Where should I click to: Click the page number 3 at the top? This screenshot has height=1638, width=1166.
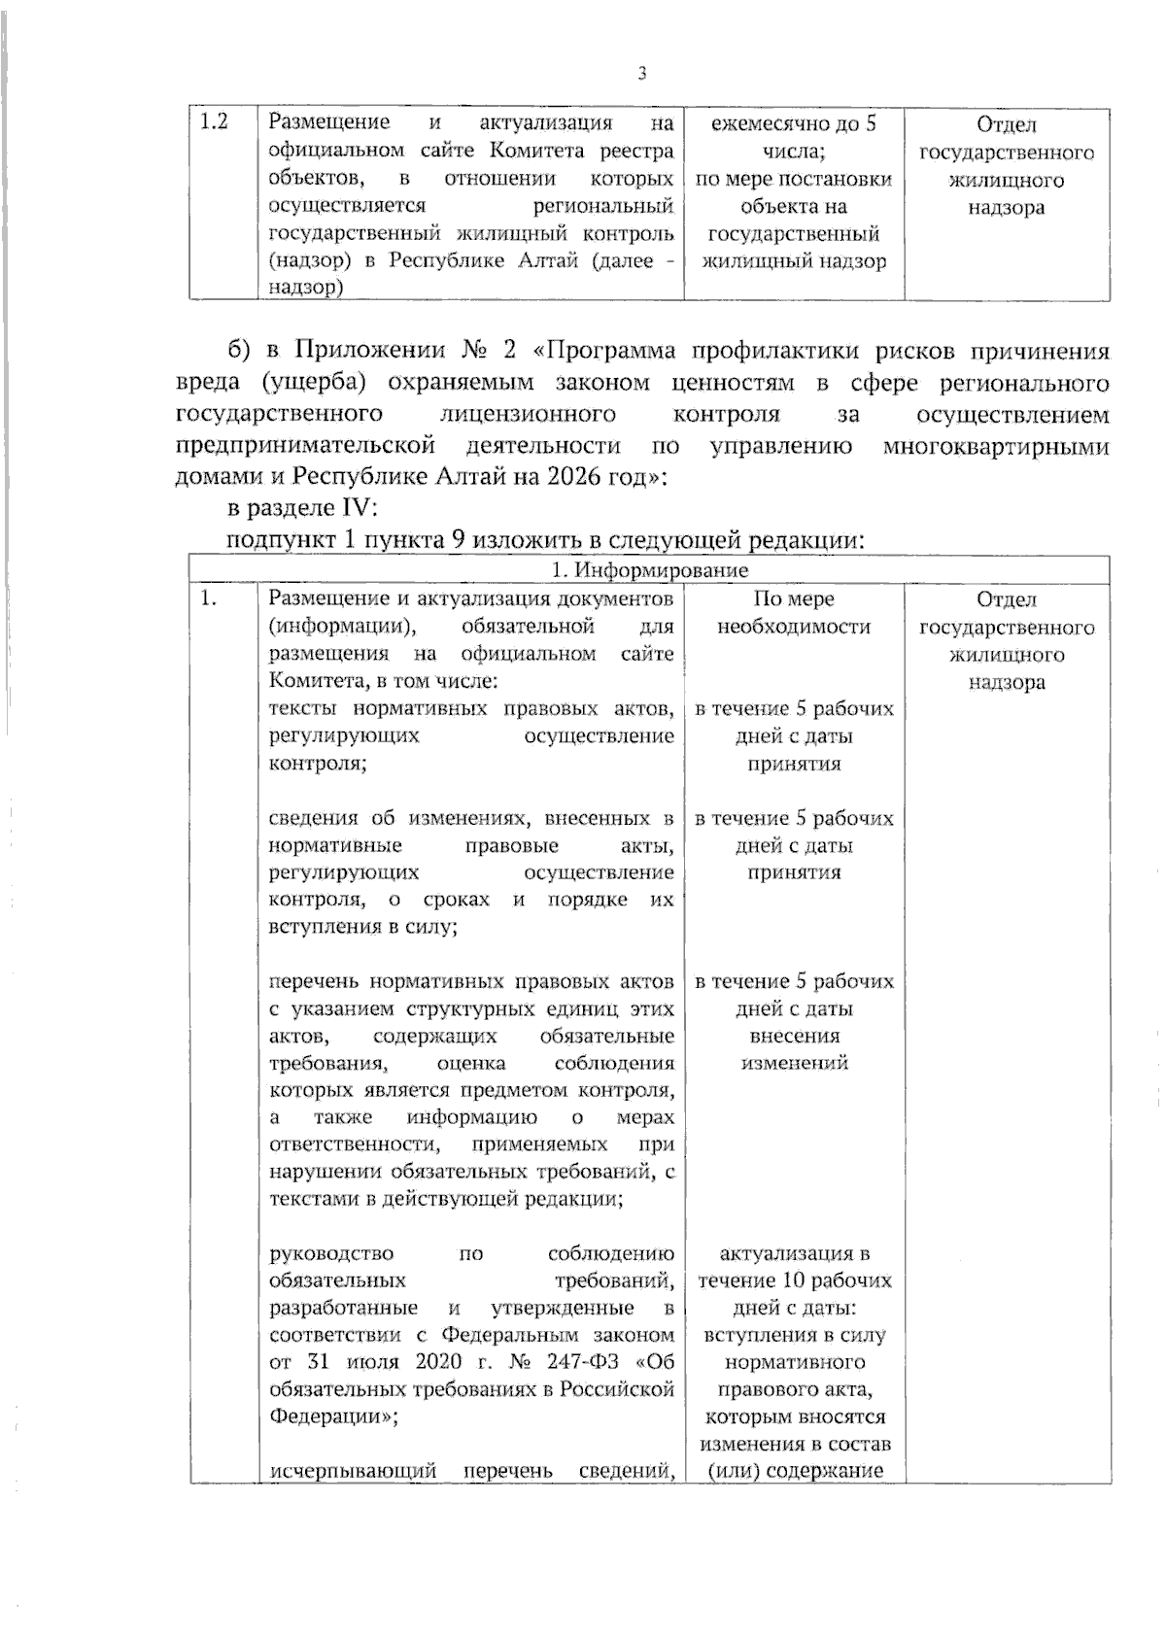coord(641,75)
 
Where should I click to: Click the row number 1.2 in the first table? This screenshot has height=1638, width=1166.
coord(214,122)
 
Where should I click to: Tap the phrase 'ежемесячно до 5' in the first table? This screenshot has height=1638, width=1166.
coord(794,124)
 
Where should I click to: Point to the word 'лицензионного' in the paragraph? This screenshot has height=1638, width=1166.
coord(529,415)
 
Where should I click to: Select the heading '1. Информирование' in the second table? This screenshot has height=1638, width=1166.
coord(650,570)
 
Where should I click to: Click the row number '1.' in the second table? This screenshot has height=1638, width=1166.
coord(209,599)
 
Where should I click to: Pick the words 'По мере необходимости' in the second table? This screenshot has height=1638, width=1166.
coord(794,613)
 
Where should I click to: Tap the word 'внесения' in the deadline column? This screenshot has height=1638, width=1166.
coord(794,1036)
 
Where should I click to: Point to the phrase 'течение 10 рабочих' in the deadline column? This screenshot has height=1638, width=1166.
coord(794,1280)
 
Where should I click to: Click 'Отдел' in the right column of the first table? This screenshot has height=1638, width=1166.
coord(1007,124)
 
